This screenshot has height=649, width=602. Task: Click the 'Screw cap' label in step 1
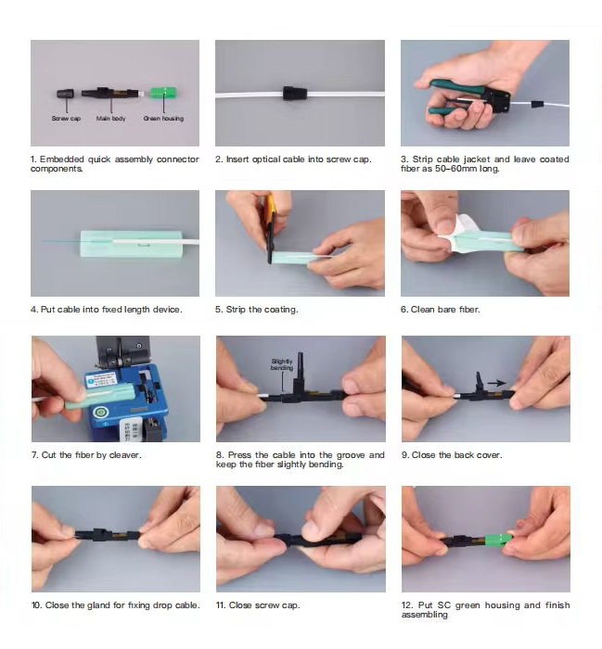pos(66,119)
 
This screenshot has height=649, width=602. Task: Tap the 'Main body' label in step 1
pos(111,119)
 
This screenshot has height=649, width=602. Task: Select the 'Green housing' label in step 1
pos(163,119)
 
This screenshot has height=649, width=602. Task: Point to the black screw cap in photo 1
pos(66,93)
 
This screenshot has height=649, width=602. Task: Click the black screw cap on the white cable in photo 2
pos(295,93)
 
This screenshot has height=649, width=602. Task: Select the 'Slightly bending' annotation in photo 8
pos(282,364)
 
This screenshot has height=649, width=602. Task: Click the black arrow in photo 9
pos(496,383)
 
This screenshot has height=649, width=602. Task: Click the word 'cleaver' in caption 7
pos(124,455)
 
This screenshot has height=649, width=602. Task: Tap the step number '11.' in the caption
pos(221,605)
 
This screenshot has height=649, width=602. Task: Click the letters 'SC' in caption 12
pos(443,605)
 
